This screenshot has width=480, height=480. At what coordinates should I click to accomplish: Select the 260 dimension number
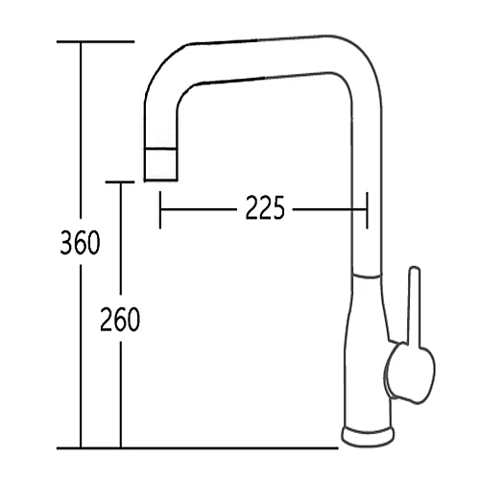pyautogui.click(x=120, y=319)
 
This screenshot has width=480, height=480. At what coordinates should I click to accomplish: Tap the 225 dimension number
pyautogui.click(x=264, y=207)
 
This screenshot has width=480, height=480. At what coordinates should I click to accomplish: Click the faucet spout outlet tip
pyautogui.click(x=159, y=165)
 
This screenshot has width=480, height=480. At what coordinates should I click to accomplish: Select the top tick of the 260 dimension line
pyautogui.click(x=119, y=181)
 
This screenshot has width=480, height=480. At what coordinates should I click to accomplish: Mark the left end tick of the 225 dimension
pyautogui.click(x=160, y=208)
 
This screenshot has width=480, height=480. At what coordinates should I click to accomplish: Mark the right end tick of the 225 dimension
pyautogui.click(x=366, y=208)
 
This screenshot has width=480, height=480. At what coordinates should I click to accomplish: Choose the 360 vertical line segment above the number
pyautogui.click(x=82, y=134)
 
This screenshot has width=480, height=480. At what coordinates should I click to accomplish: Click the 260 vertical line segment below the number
pyautogui.click(x=119, y=394)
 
